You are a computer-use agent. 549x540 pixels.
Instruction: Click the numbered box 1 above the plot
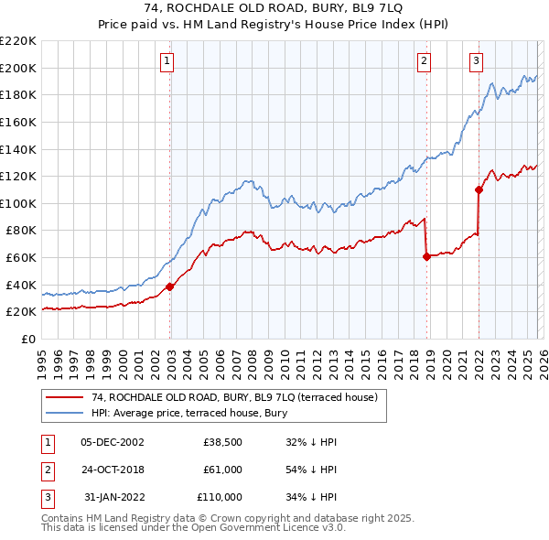pyautogui.click(x=168, y=61)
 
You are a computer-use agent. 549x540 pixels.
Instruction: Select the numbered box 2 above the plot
pyautogui.click(x=425, y=61)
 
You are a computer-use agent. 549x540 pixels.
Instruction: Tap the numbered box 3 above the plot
pyautogui.click(x=477, y=61)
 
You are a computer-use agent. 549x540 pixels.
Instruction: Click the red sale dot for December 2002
pyautogui.click(x=170, y=286)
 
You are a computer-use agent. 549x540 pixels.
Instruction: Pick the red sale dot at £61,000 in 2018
pyautogui.click(x=426, y=256)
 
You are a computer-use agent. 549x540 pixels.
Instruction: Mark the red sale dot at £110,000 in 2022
pyautogui.click(x=479, y=190)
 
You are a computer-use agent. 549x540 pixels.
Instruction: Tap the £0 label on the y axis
pyautogui.click(x=27, y=339)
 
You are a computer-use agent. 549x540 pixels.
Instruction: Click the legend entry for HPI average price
pyautogui.click(x=189, y=413)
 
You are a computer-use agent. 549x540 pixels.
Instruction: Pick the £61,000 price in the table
pyautogui.click(x=223, y=470)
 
